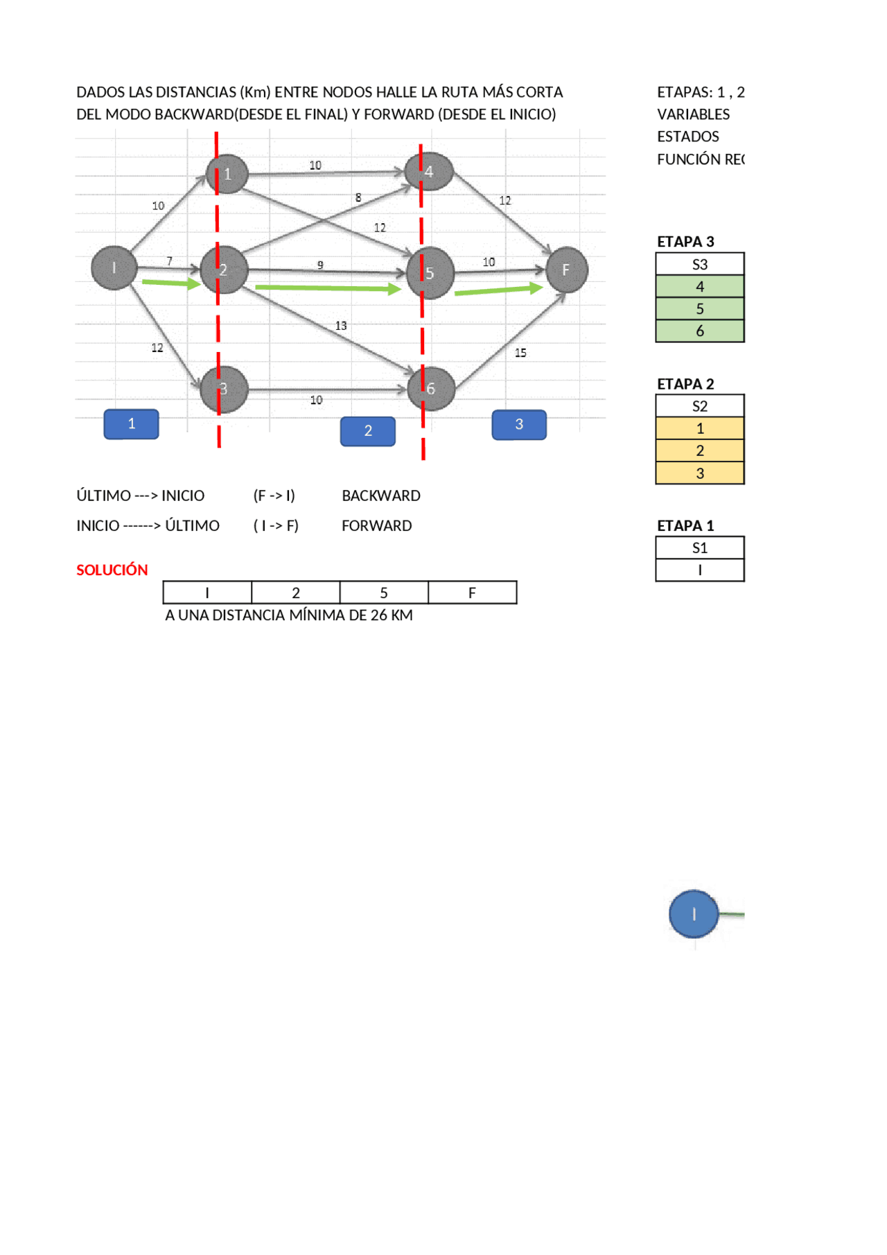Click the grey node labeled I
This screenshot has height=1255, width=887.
114,267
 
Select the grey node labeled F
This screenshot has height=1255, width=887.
566,270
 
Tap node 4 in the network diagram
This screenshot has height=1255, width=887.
429,171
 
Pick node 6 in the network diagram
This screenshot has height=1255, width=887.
431,389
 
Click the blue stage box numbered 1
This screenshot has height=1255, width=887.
131,424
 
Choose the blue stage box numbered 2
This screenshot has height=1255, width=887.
368,431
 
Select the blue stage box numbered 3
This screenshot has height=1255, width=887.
519,425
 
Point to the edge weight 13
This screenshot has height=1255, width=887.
341,325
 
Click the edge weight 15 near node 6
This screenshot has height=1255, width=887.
520,353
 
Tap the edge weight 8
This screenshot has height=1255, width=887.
358,198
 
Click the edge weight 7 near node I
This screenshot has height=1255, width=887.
169,261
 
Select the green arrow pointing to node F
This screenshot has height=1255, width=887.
498,289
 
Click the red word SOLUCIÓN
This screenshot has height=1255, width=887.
112,570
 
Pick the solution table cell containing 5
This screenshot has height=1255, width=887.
384,593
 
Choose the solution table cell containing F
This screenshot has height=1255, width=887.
472,593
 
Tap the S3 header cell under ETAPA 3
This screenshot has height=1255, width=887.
700,264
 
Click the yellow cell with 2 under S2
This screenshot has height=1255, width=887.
700,451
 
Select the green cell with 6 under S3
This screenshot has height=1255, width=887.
700,331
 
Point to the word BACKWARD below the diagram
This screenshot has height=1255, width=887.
381,495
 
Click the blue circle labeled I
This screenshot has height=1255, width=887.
694,914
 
